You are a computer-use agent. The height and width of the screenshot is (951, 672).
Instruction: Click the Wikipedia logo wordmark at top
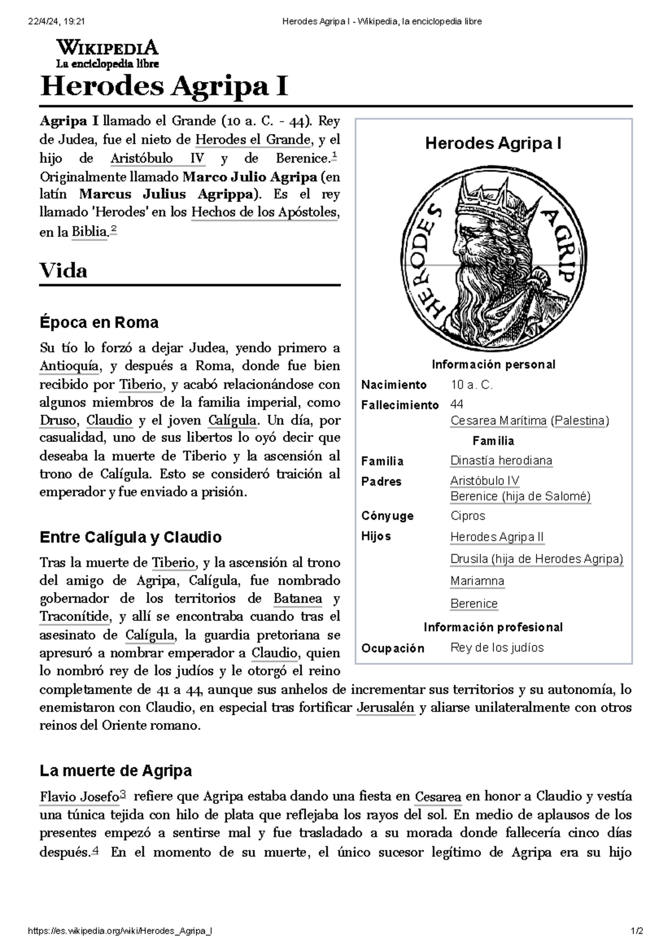tap(107, 48)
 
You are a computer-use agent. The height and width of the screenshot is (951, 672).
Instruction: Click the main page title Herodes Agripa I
tap(164, 87)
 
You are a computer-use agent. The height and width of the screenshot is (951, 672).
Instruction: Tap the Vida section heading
tap(63, 271)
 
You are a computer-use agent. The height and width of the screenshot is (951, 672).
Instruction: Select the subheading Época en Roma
tap(99, 323)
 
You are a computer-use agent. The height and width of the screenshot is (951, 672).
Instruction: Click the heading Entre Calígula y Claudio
tap(130, 538)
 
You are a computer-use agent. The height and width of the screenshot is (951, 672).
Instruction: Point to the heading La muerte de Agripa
tap(116, 771)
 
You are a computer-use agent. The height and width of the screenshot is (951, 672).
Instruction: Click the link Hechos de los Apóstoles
tap(264, 213)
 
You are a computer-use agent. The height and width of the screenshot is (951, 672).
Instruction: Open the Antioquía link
tap(69, 366)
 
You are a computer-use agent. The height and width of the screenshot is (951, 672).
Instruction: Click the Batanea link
tap(297, 599)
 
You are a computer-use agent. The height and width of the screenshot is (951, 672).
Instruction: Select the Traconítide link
tap(74, 617)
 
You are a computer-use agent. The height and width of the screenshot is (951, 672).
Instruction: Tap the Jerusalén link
tap(385, 708)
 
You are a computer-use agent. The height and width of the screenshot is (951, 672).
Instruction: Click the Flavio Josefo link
tap(80, 796)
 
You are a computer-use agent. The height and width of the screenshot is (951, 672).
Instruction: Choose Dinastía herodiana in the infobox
tap(501, 461)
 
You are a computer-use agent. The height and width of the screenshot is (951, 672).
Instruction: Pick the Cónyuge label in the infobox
tap(388, 516)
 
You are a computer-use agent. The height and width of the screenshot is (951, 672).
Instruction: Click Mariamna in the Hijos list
tap(477, 581)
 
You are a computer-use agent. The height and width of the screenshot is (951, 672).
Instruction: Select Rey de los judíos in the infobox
tap(497, 648)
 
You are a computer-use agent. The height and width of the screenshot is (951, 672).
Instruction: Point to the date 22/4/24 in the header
tap(43, 21)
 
